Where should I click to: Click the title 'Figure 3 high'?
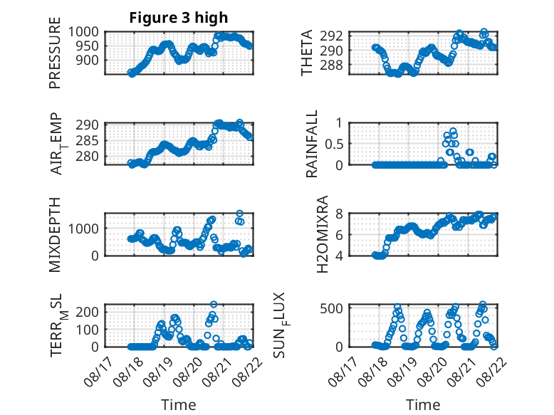179,18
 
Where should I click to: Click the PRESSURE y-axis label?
55,53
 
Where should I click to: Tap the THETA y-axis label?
307,53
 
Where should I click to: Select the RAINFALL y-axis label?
312,144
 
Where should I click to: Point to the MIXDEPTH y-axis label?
55,235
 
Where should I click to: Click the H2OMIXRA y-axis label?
322,234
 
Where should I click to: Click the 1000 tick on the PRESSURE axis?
83,32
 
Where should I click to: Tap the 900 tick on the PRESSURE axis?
88,61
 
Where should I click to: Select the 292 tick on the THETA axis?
331,36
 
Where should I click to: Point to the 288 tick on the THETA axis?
331,65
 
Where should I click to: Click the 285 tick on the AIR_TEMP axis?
88,140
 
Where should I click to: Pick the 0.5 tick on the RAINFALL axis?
334,144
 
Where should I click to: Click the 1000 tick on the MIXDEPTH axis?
83,228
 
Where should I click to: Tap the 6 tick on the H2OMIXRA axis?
339,234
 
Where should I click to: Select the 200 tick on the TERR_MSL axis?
88,312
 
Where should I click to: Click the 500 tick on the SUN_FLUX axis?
331,308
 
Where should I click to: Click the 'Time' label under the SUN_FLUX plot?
423,405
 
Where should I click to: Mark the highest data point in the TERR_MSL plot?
214,304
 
